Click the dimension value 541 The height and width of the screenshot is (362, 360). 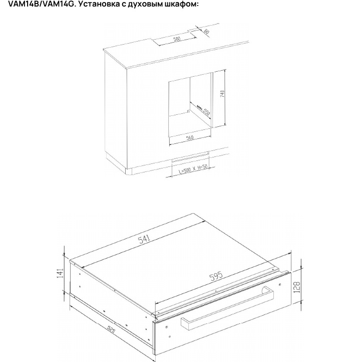pos(144,239)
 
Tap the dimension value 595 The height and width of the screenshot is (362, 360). pos(216,276)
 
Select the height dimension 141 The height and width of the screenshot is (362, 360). pos(61,273)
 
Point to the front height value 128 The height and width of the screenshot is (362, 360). pos(297,287)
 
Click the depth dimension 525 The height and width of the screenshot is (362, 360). pos(111,329)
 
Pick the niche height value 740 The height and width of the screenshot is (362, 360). pos(222,94)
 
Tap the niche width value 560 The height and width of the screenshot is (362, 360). pos(190,138)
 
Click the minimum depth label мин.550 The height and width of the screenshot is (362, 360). pos(203,110)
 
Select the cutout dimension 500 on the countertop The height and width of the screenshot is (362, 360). pos(177,39)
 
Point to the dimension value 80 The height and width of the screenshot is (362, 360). pos(207,32)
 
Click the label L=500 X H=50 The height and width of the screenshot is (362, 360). pos(193,169)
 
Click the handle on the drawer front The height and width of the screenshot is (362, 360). pos(227,307)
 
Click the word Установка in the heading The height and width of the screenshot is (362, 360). pos(99,4)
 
